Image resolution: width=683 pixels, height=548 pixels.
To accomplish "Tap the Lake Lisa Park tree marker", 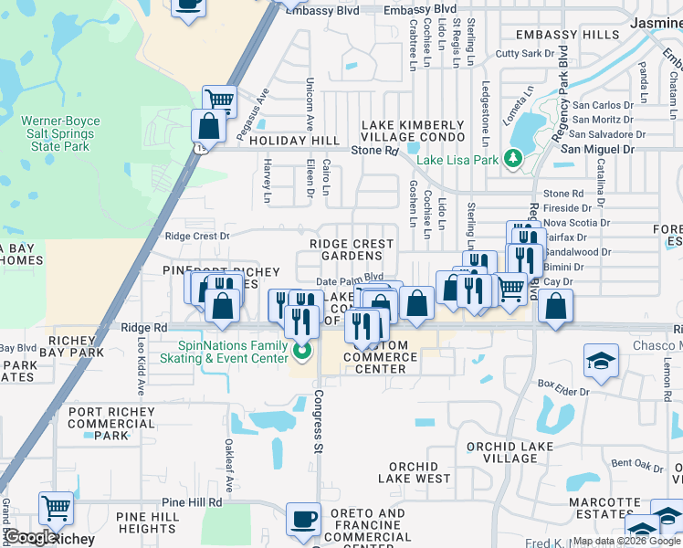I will coord(513,160).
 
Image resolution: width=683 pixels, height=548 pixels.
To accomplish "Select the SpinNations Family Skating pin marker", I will coord(304,349).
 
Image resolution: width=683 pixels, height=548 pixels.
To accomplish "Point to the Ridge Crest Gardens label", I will coord(352,249).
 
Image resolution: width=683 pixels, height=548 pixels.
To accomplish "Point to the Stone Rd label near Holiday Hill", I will coord(375,150).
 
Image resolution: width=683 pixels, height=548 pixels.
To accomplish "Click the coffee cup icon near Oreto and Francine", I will coord(303,520).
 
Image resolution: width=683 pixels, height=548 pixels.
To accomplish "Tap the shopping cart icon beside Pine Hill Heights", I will coord(56,507).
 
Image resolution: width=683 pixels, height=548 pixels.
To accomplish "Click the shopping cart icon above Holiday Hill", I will coord(219,100).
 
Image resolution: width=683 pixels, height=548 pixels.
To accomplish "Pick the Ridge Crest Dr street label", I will coord(196,236).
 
